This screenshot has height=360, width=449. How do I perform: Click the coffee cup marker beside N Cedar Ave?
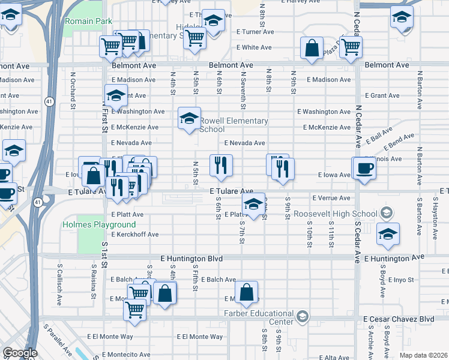pyautogui.click(x=364, y=168)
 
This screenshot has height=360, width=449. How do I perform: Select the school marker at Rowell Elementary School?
pyautogui.click(x=188, y=118)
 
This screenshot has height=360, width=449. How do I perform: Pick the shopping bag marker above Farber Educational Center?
pyautogui.click(x=247, y=292)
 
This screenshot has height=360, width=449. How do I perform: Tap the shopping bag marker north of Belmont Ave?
pyautogui.click(x=312, y=49)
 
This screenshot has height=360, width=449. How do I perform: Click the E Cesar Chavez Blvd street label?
pyautogui.click(x=399, y=319)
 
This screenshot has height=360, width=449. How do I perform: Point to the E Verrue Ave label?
pyautogui.click(x=331, y=198)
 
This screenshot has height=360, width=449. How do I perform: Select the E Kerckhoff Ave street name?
pyautogui.click(x=134, y=235)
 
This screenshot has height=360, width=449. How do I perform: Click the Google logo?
pyautogui.click(x=20, y=353)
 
